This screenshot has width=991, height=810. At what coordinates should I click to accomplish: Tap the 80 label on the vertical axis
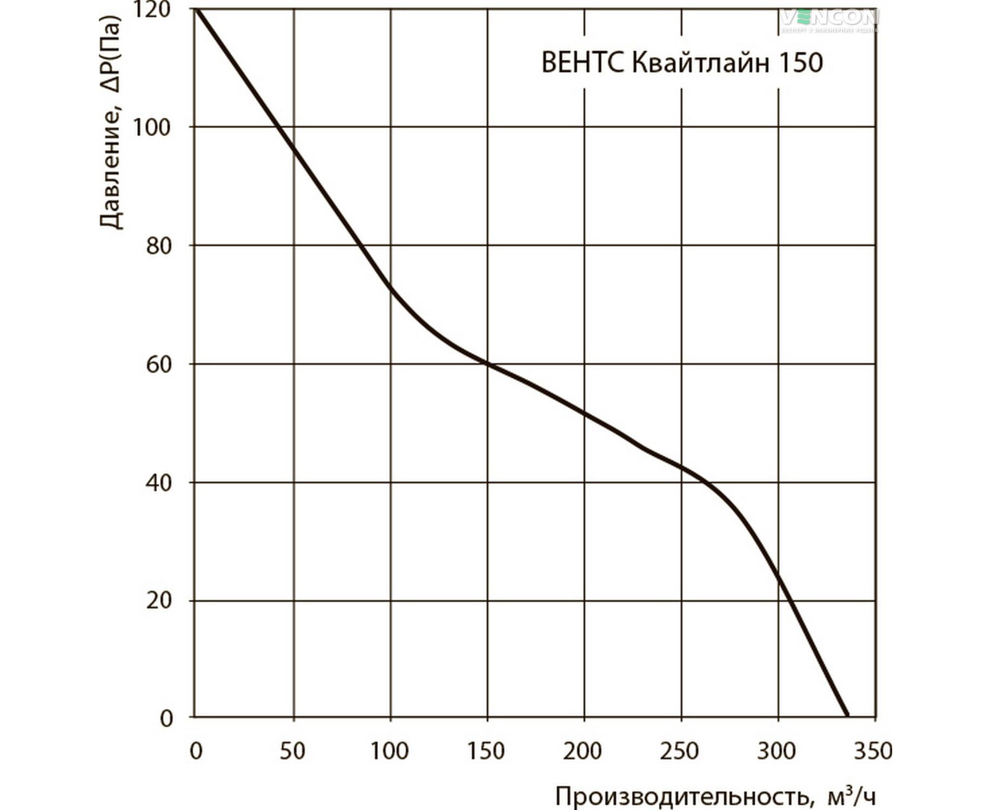159,246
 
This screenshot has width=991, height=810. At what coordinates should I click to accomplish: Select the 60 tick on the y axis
159,364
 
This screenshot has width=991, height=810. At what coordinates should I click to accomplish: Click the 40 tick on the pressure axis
159,483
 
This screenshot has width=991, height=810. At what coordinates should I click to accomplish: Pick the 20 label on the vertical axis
159,600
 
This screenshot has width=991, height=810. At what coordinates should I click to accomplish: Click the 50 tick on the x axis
292,751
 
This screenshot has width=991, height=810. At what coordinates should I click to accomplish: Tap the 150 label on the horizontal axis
486,751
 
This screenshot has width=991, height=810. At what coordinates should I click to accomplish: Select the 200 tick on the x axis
583,751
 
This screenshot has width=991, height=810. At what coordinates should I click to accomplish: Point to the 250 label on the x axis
680,751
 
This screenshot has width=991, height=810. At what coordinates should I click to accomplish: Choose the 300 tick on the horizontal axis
777,751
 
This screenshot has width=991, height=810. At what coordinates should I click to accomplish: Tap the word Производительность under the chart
683,796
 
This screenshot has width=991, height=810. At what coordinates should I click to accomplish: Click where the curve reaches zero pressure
847,715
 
